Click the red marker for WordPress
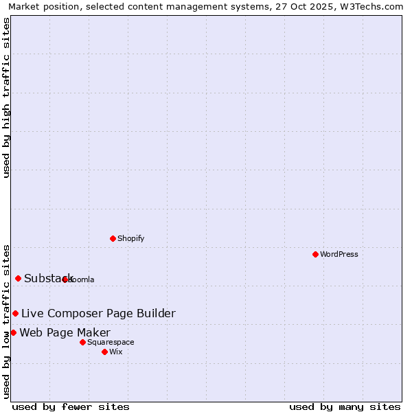(315, 254)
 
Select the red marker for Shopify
(113, 238)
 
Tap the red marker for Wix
(104, 352)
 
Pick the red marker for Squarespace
(82, 342)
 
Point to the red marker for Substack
(18, 278)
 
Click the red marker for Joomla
(65, 279)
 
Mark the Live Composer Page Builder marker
(15, 313)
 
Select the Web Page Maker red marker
(13, 332)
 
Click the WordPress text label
(339, 254)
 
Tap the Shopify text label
(130, 238)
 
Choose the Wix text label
(115, 352)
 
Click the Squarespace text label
(111, 342)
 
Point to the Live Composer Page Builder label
(98, 313)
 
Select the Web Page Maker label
(65, 333)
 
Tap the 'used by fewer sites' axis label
(71, 407)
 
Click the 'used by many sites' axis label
(345, 407)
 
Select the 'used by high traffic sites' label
(6, 98)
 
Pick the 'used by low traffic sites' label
(6, 321)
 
